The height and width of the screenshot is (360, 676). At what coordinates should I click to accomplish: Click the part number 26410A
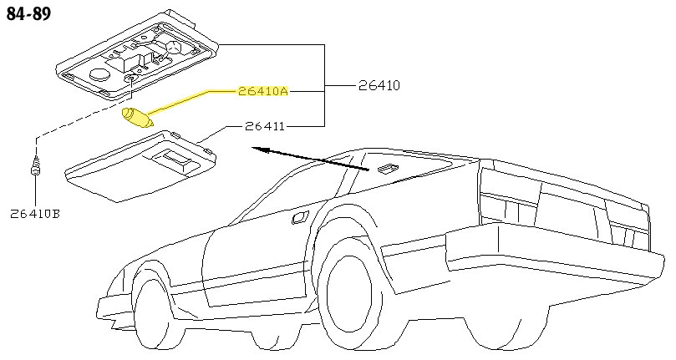coord(262,92)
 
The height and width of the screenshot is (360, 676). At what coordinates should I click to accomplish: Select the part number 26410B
coord(35,214)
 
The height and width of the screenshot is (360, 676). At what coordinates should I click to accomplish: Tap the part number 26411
coord(266,127)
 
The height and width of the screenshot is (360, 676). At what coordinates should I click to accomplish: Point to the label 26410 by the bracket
coord(379,85)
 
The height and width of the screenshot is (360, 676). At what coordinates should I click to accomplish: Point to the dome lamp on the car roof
coord(387,170)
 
